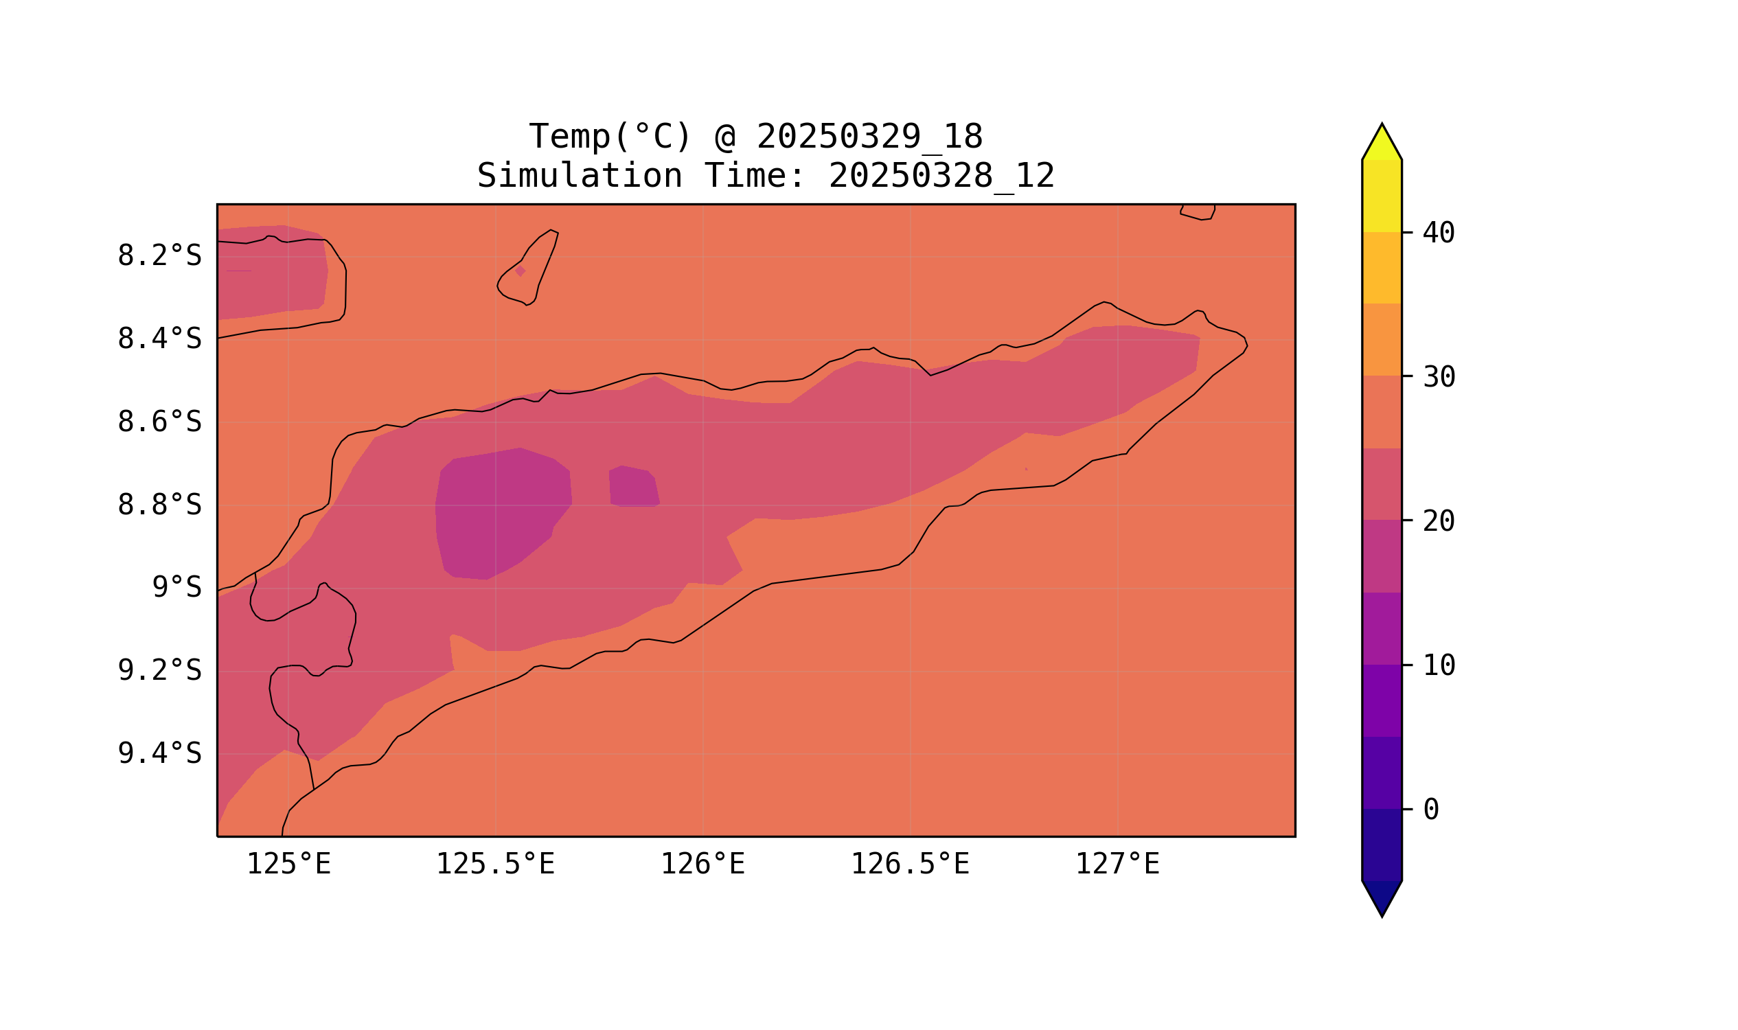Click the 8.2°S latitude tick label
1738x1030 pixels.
click(x=159, y=256)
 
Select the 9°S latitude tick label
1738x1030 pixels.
click(x=176, y=588)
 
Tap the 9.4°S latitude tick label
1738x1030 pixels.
click(x=159, y=753)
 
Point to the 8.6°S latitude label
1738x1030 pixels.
click(x=159, y=422)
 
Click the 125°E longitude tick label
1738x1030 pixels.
click(x=288, y=865)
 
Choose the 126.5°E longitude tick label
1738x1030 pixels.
click(x=910, y=865)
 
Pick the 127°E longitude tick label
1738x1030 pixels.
click(x=1117, y=865)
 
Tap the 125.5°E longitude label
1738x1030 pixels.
click(x=495, y=865)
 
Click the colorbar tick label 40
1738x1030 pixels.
click(x=1439, y=233)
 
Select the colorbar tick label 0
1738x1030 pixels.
click(x=1431, y=810)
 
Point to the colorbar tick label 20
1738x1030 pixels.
click(x=1439, y=521)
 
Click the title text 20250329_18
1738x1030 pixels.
click(x=869, y=137)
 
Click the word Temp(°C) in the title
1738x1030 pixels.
click(x=609, y=137)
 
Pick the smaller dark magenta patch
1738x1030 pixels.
click(x=633, y=487)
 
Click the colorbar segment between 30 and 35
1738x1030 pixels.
click(x=1382, y=340)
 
